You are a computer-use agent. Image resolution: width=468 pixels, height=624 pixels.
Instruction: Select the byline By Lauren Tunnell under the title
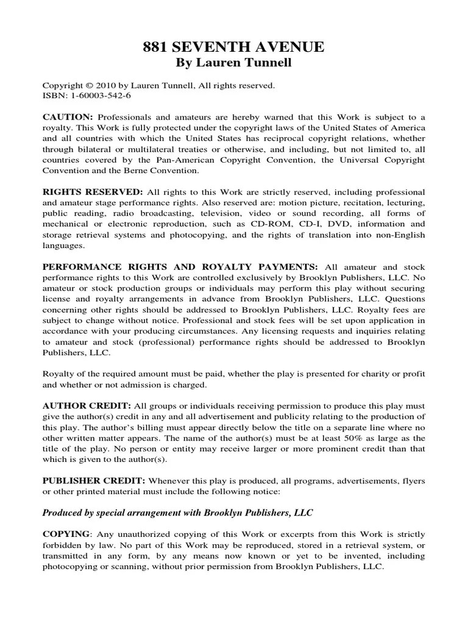coord(234,63)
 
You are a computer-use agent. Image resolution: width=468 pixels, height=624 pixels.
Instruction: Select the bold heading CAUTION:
coord(67,116)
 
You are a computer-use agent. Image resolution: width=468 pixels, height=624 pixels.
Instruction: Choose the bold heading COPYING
coord(66,534)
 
